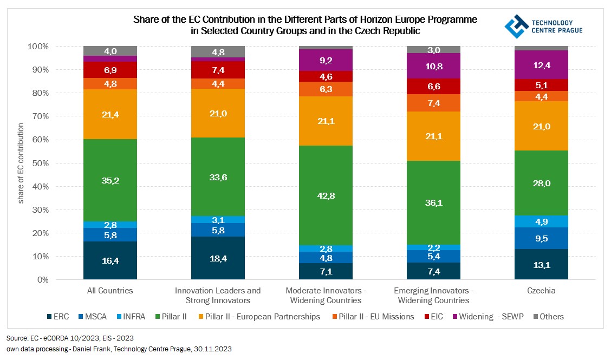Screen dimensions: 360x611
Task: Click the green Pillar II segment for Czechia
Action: tap(542, 183)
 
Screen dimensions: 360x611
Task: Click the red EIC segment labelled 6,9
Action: tap(110, 70)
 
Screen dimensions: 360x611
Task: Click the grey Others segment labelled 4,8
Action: tap(218, 52)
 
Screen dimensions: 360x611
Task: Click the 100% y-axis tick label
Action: tap(40, 47)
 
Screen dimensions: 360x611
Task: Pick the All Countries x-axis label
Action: tap(110, 291)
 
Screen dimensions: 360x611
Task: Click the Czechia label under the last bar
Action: tap(542, 291)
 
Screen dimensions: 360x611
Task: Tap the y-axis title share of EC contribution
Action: tap(21, 163)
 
